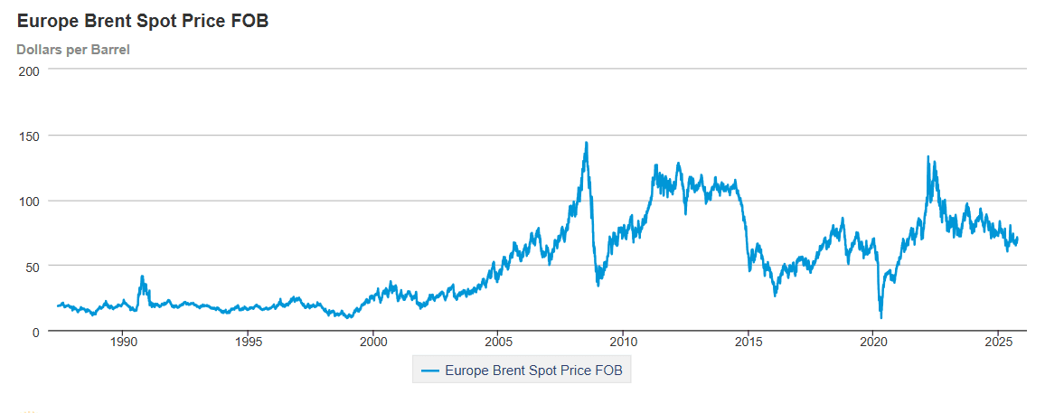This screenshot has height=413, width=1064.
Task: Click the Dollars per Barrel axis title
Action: coord(73,50)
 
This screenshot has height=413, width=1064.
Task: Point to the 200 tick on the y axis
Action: coord(30,70)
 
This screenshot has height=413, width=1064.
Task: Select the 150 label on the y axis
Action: coord(30,136)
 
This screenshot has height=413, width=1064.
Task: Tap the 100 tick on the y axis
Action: coord(30,201)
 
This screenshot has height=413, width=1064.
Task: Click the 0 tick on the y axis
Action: coord(37,332)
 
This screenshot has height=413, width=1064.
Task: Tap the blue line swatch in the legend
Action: coord(430,370)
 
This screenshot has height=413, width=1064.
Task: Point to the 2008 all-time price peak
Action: coord(586,142)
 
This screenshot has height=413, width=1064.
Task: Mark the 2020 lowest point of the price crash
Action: coord(880,317)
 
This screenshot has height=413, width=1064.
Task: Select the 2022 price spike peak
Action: coord(927,156)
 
